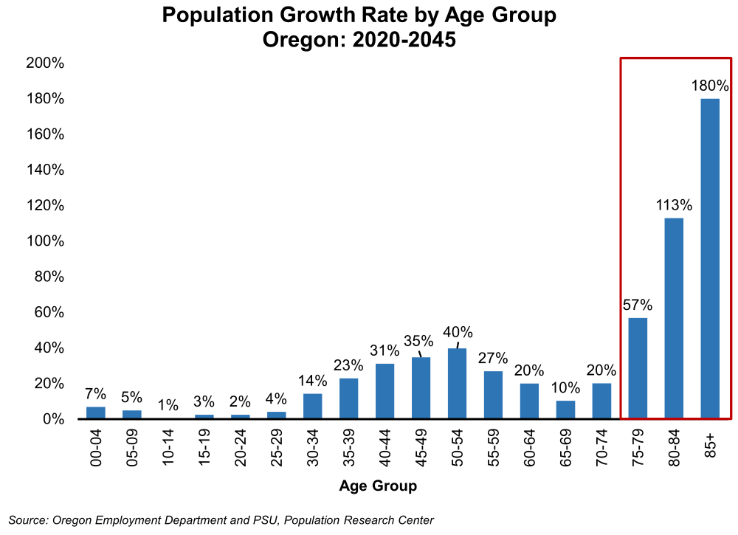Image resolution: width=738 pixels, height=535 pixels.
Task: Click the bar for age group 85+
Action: pos(710,258)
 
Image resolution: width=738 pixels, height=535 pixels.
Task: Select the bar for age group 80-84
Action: pos(674,318)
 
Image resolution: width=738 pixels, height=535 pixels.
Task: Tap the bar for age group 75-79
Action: pos(638,368)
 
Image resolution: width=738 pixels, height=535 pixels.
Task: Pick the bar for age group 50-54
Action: pos(457,383)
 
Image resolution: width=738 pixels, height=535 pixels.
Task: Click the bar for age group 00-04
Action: pos(96,413)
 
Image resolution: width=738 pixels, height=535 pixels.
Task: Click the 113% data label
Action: pos(674,205)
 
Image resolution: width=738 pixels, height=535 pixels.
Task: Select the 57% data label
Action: pos(638,305)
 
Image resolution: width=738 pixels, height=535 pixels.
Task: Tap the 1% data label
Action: pos(168,404)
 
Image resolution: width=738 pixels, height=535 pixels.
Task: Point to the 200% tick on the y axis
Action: pos(45,63)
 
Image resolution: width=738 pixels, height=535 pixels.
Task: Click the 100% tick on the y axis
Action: pos(45,241)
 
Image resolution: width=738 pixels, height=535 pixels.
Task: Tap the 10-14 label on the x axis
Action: pos(168,446)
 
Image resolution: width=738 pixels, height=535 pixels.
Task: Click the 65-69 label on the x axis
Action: pos(566,446)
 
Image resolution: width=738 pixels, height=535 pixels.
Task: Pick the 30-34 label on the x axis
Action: pos(313,446)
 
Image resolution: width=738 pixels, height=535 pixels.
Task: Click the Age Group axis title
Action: pos(378,486)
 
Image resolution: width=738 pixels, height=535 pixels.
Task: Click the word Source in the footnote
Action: pos(27,520)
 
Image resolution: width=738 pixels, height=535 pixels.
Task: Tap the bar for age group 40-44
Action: pos(384,391)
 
